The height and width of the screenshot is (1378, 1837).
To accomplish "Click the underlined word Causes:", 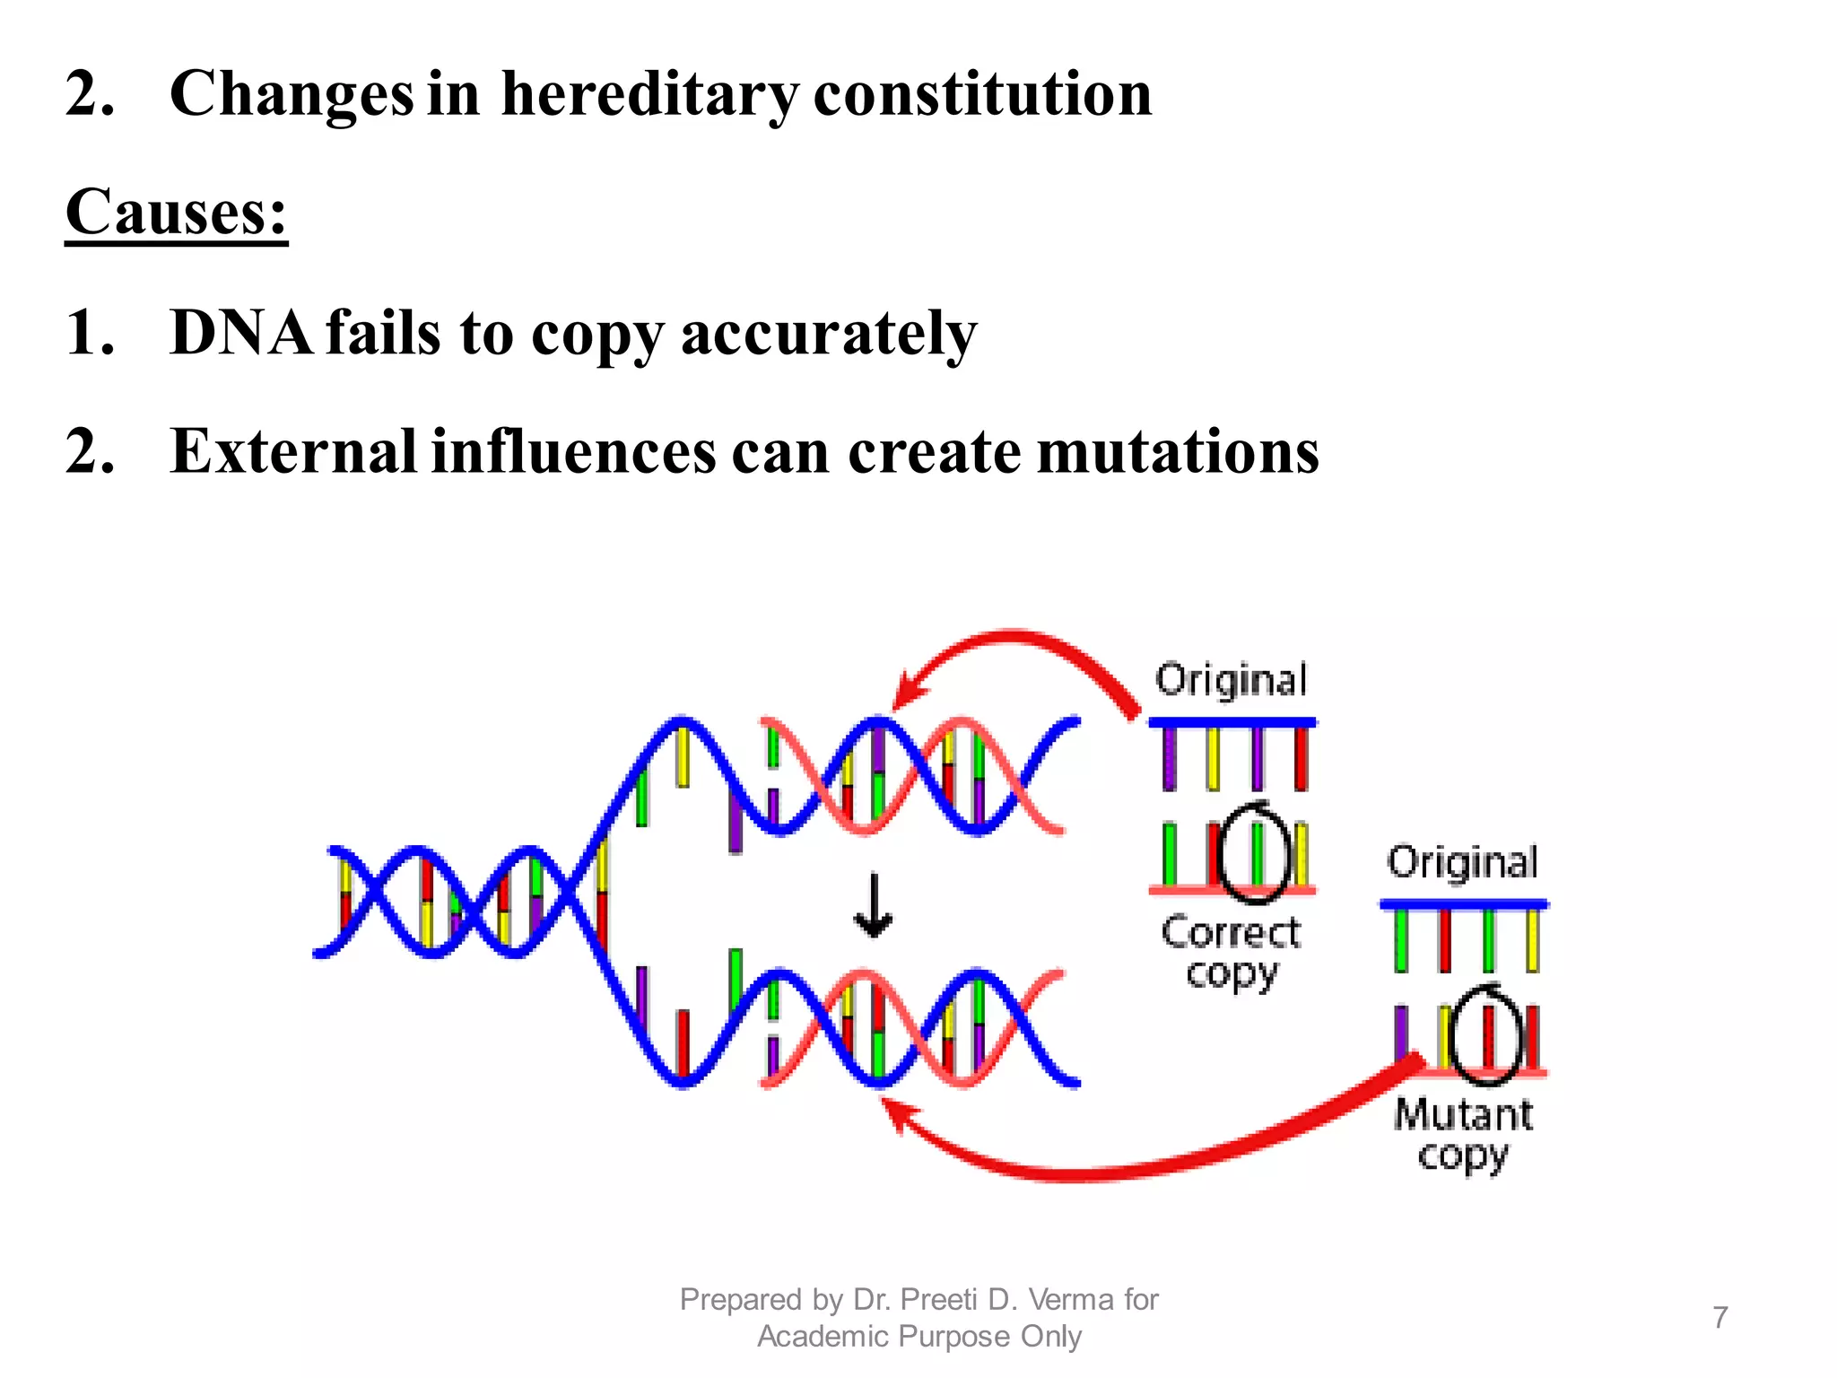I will [x=176, y=213].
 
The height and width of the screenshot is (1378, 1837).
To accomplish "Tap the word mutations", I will [x=1178, y=451].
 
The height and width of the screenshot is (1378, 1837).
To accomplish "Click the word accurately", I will [x=828, y=333].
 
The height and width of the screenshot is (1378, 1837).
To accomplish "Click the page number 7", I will [x=1719, y=1317].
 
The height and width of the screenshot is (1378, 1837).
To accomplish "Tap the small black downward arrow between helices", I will [x=873, y=906].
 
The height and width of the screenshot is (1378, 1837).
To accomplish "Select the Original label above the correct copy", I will [x=1231, y=680].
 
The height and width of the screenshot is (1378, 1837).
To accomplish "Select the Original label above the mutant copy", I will [x=1463, y=862].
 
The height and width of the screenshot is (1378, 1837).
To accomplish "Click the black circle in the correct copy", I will [x=1256, y=852].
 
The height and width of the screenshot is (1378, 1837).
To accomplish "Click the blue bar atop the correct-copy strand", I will [x=1232, y=722].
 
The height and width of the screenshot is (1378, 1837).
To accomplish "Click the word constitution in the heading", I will [x=982, y=94].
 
